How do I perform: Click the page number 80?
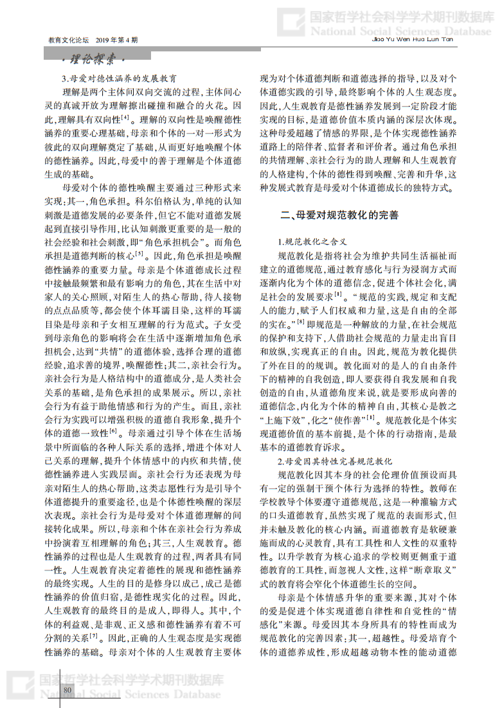click(67, 689)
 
